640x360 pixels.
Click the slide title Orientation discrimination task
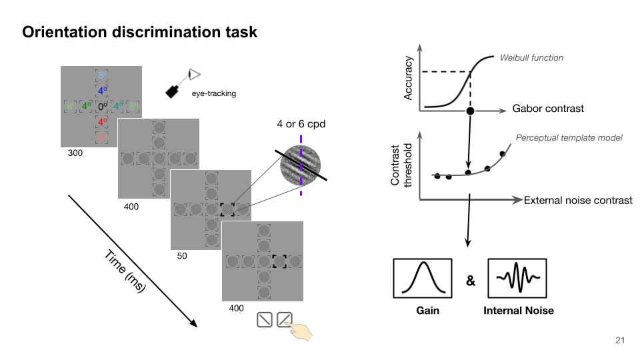(140, 32)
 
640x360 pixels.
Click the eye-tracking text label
(213, 94)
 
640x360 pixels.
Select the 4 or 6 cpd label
(301, 124)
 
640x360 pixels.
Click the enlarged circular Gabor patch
(301, 166)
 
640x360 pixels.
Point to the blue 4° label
(102, 91)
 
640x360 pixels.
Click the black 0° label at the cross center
(102, 106)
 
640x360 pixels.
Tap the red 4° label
(102, 121)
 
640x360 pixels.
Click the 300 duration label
(75, 153)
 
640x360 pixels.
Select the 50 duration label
(181, 255)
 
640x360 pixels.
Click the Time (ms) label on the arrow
(125, 272)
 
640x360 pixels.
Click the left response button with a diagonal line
(265, 320)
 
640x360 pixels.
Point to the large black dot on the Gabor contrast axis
(470, 110)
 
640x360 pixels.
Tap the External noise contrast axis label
(578, 200)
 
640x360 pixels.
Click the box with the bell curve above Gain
(422, 278)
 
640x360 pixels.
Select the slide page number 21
(620, 341)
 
